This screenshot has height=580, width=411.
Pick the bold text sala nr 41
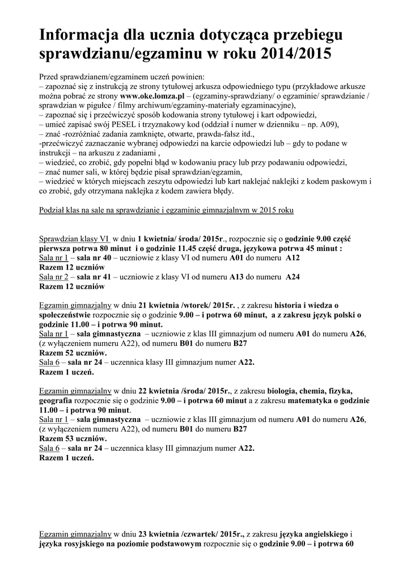click(x=94, y=276)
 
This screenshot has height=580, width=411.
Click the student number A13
click(x=237, y=276)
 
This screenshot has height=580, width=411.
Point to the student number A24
click(x=293, y=276)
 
